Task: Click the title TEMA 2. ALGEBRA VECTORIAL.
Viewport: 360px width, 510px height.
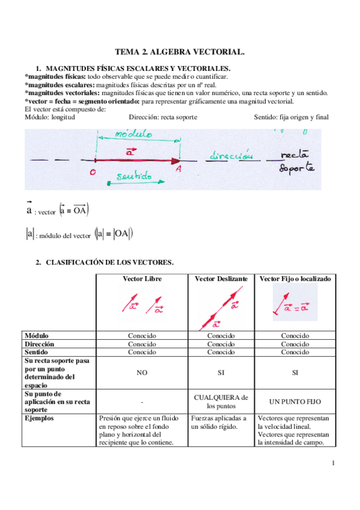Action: [180, 53]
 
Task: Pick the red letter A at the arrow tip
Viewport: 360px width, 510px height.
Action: [178, 171]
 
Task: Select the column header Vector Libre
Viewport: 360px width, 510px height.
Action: [142, 280]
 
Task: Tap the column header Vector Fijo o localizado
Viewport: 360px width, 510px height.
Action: [295, 280]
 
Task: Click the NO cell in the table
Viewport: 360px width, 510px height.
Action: [142, 373]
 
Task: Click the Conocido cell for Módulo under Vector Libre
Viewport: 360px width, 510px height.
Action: [142, 336]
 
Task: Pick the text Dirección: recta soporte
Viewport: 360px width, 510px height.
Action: [163, 117]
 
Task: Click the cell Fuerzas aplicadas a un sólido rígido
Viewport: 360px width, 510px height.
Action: [219, 422]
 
